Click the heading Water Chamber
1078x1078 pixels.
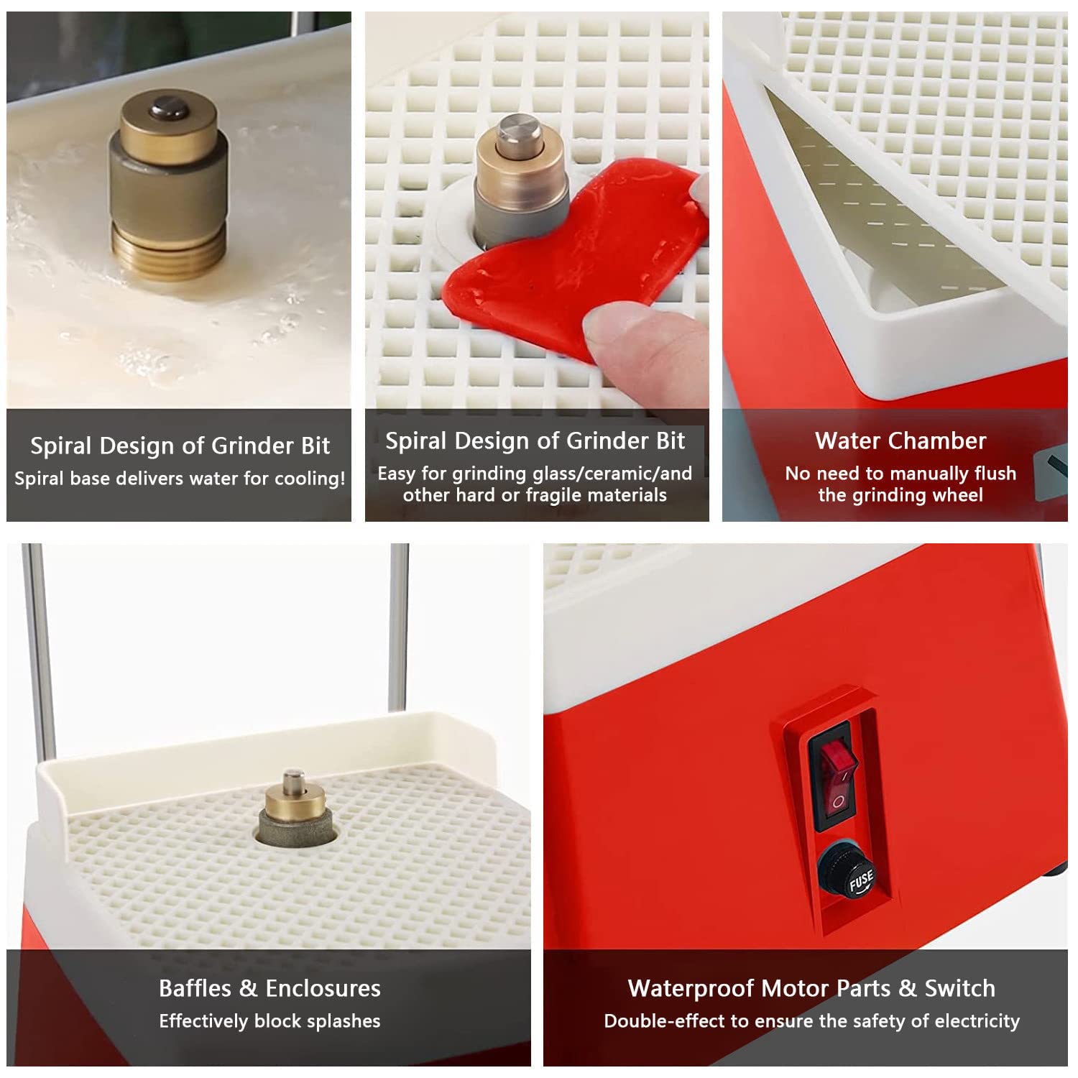(x=900, y=441)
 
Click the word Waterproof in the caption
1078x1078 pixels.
(x=687, y=988)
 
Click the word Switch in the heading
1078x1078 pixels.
(x=960, y=988)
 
